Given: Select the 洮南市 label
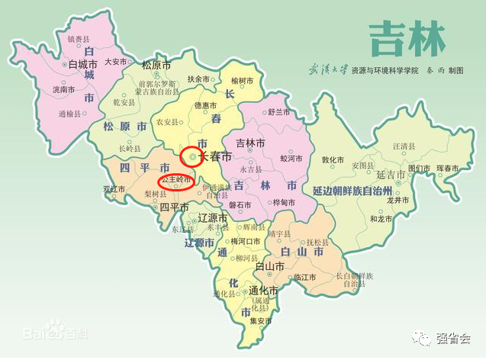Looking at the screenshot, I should point(64,90).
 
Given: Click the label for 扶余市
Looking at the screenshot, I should point(197,79).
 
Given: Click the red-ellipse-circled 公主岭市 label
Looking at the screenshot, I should point(175,181).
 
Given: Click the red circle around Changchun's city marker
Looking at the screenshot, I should point(192,157).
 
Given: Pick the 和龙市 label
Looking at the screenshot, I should point(381,219).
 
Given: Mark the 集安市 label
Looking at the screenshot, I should point(260,321).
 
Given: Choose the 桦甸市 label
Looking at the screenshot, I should point(282,203).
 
